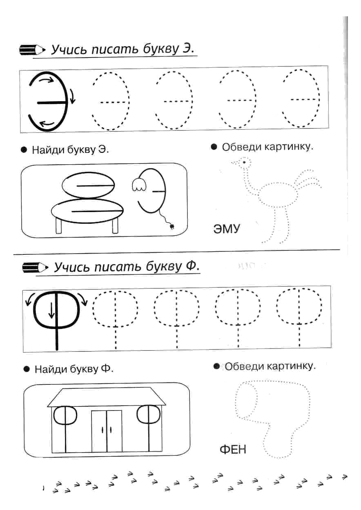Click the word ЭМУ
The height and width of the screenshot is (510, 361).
coord(227,229)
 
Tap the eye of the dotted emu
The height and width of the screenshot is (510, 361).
coord(244,162)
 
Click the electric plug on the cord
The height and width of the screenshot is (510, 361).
coord(172,226)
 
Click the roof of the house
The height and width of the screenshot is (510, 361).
coord(107,397)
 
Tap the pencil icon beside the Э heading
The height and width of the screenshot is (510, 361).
coord(32,50)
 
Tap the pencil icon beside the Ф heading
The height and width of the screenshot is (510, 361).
coord(35,267)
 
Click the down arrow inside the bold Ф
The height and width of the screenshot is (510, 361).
coord(51,310)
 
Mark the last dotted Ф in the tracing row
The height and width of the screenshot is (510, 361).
coord(299,318)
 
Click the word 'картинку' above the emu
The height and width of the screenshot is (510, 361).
coord(289,147)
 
